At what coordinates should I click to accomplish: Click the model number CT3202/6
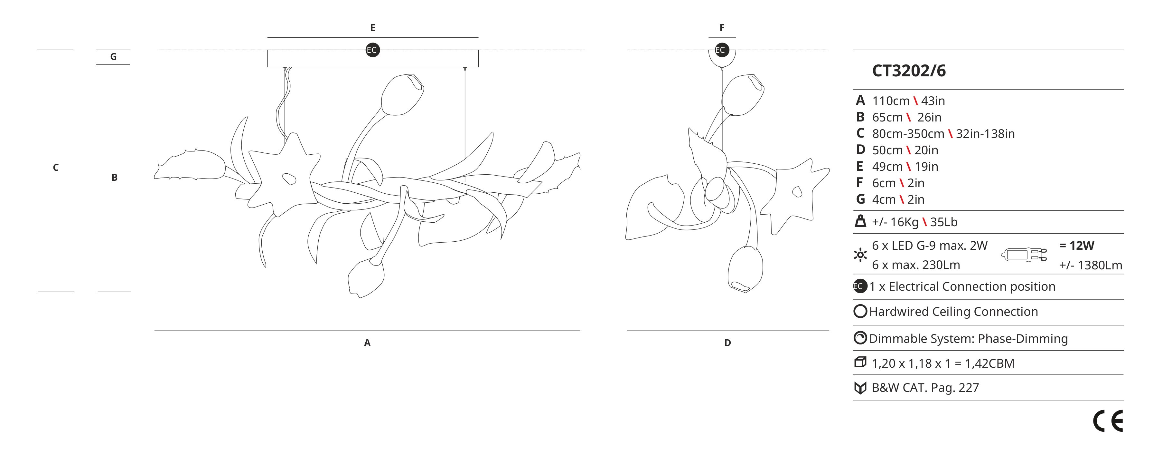[x=909, y=71]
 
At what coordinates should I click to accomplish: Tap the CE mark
[x=1108, y=421]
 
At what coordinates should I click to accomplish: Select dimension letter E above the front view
[x=373, y=28]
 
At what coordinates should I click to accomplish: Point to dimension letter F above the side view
[x=722, y=28]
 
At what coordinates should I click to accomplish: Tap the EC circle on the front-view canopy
[x=372, y=50]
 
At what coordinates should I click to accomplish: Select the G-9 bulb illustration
[x=1024, y=255]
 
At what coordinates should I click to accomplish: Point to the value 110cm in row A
[x=891, y=101]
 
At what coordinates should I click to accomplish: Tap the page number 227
[x=969, y=388]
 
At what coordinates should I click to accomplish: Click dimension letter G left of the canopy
[x=113, y=57]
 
